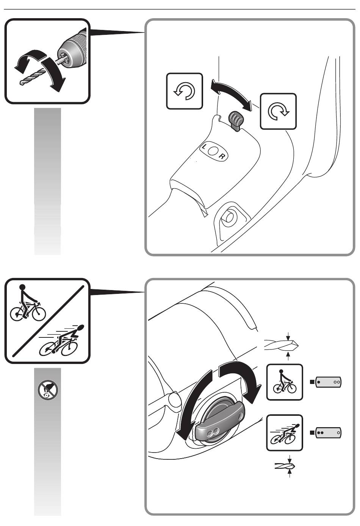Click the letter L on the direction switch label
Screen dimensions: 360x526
tap(204, 147)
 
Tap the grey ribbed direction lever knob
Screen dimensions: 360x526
tap(236, 120)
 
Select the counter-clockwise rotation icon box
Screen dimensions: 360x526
tap(185, 91)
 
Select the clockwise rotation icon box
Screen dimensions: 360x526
tap(278, 111)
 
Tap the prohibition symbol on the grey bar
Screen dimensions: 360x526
tap(48, 390)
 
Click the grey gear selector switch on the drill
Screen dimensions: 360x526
tap(220, 422)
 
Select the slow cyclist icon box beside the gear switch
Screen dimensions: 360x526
tap(284, 382)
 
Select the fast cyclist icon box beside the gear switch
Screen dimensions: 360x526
tap(284, 433)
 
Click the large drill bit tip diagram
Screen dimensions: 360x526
tap(282, 345)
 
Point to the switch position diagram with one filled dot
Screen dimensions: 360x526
tap(326, 382)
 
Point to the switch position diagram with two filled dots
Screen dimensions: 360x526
tap(326, 433)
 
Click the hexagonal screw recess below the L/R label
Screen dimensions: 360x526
tap(230, 217)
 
